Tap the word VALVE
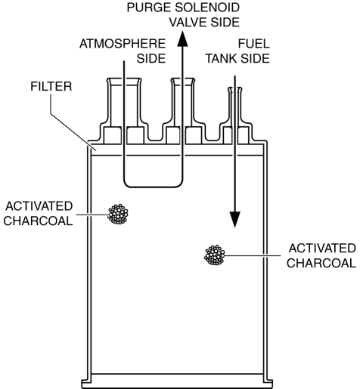188,23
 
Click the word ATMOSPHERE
123,44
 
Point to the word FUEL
254,44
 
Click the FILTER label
51,86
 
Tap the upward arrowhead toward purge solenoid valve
182,39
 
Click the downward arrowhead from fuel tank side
235,220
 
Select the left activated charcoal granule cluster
118,214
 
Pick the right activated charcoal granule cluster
215,255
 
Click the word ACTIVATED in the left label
39,206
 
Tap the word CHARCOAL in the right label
321,264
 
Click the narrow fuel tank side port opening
235,88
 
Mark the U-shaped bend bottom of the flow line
153,187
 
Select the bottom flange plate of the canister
177,384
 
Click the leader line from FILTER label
73,122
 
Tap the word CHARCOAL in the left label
38,221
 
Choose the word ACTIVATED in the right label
322,249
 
